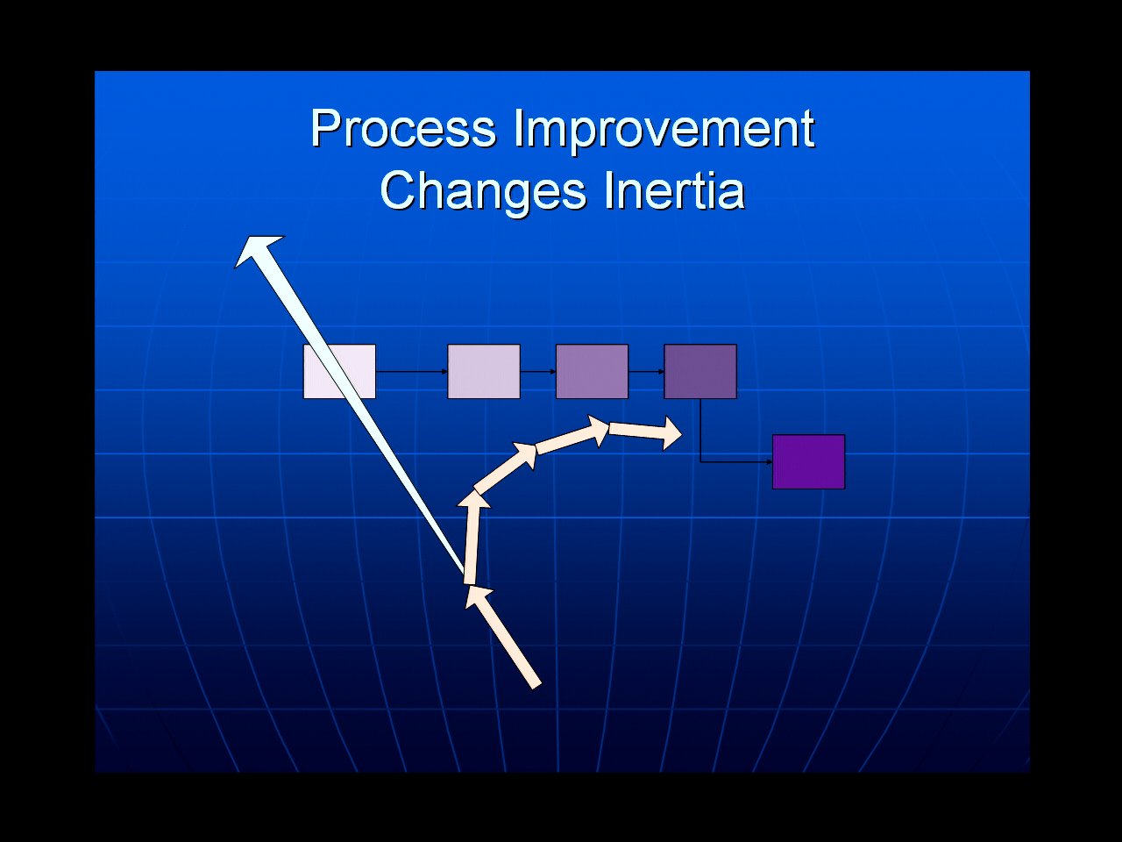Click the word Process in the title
(403, 129)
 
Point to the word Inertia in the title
(675, 190)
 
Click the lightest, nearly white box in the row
(339, 372)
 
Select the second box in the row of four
(484, 372)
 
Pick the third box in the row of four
(592, 372)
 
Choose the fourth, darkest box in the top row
(700, 372)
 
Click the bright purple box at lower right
(809, 461)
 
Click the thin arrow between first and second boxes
(411, 372)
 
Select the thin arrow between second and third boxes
(537, 372)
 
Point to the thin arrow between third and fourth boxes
(646, 372)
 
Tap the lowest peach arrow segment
(503, 638)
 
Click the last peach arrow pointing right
(645, 432)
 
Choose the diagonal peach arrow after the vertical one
(505, 467)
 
